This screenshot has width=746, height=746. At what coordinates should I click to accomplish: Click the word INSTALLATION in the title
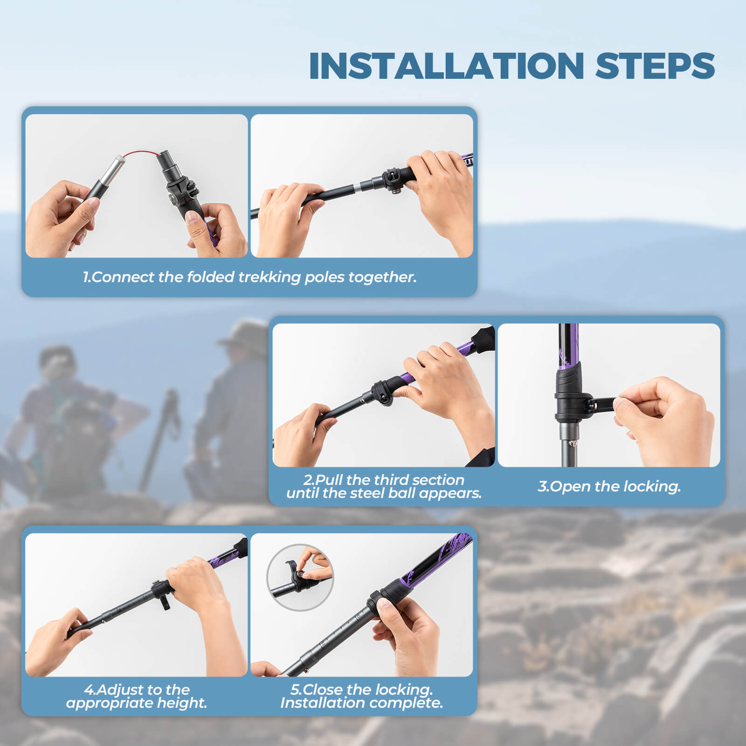(x=446, y=66)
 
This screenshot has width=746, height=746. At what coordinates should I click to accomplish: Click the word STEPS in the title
(x=655, y=66)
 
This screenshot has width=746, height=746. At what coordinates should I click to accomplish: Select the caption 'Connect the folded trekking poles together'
(x=249, y=277)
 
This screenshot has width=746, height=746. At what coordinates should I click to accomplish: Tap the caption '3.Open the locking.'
(x=609, y=486)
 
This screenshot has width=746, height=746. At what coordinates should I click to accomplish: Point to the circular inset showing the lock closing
(x=300, y=577)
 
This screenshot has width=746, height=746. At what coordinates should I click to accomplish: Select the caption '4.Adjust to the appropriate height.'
(x=136, y=696)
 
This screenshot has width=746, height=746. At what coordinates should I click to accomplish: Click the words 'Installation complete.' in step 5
(x=361, y=703)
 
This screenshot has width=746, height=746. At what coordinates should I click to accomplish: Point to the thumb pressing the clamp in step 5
(x=385, y=606)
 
